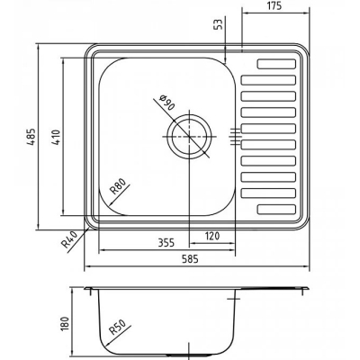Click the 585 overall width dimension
pos(191,258)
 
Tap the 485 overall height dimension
pos(32,137)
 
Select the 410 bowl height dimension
pos(57,137)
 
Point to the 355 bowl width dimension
pos(166,242)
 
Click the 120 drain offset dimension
pos(212,236)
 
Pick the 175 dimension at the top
pos(274,5)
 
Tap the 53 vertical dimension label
pos(220,24)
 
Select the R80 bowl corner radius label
pos(117,186)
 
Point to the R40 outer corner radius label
pos(69,239)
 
